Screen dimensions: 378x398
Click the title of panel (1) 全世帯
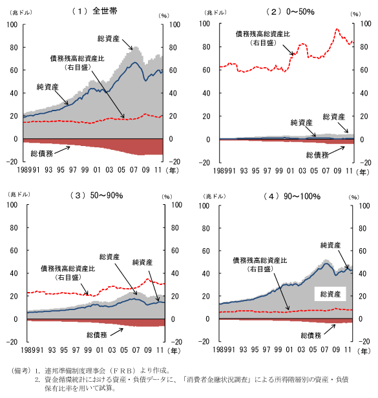[x=95, y=11]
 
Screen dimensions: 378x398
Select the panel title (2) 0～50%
[x=290, y=12]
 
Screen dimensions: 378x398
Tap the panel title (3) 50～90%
[x=96, y=195]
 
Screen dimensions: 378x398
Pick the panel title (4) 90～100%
[x=291, y=196]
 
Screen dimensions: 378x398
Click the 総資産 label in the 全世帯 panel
[x=109, y=39]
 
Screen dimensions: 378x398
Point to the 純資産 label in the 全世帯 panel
[x=47, y=87]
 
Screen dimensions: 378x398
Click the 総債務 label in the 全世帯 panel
[x=42, y=153]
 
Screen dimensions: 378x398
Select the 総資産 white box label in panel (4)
[x=330, y=294]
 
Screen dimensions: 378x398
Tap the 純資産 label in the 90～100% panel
[x=330, y=245]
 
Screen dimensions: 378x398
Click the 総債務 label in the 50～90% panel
[x=97, y=335]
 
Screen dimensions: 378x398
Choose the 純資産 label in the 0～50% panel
[x=301, y=123]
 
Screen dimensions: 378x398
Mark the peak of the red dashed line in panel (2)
[x=337, y=29]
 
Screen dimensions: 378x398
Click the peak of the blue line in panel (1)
[x=135, y=62]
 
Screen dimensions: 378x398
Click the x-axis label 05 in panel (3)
[x=124, y=350]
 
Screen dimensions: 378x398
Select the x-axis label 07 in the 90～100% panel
[x=324, y=350]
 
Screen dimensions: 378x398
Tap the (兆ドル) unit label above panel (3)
[x=19, y=194]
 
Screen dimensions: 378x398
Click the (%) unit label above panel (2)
[x=355, y=14]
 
